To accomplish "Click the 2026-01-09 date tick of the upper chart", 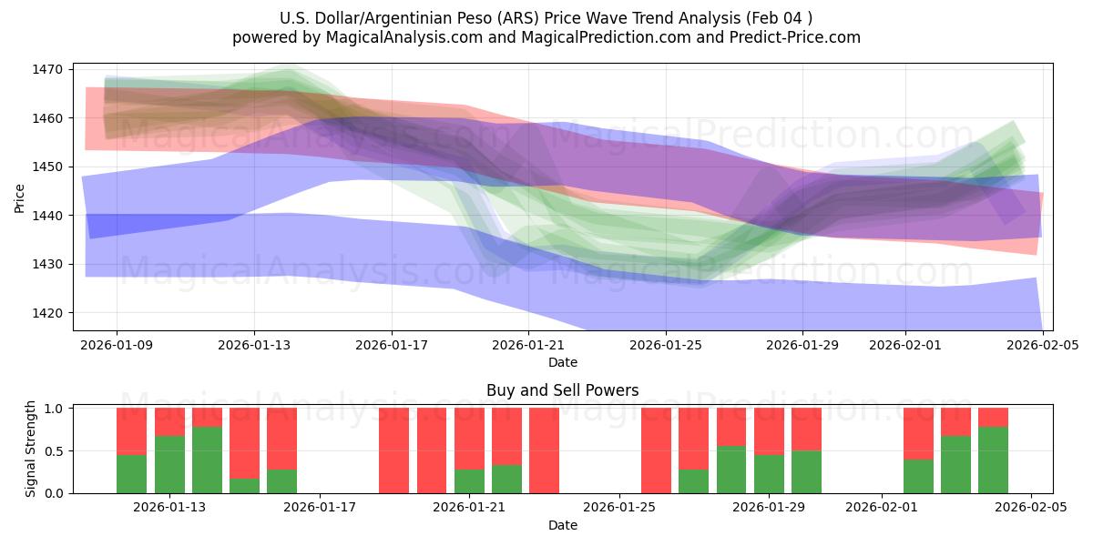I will coord(117,345).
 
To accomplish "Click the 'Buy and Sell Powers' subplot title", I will coord(562,390).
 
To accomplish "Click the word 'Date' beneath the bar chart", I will coord(562,525).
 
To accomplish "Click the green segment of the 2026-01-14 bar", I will coord(207,460).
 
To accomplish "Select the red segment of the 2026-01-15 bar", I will coord(244,442).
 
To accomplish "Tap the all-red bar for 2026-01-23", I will coord(544,450).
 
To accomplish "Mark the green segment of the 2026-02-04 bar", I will coord(993,460).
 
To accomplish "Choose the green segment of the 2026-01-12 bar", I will coord(132,473).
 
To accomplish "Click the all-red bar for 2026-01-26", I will coord(656,450).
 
